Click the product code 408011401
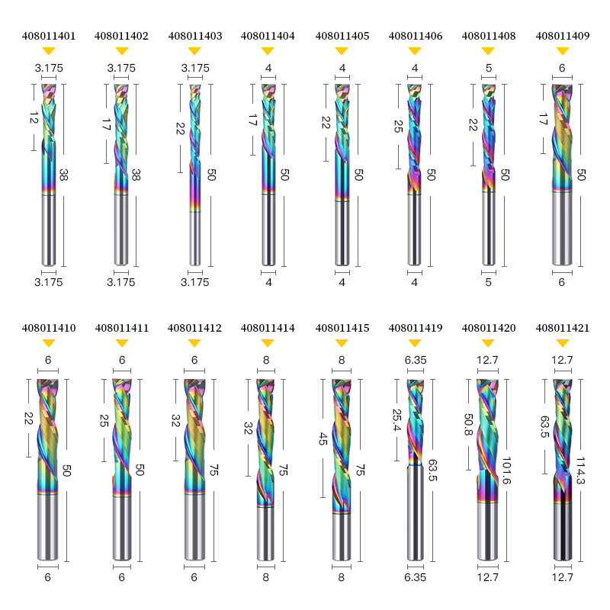[x=49, y=36]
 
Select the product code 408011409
[x=563, y=36]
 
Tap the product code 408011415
[x=342, y=329]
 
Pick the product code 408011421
[x=563, y=329]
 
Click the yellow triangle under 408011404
[x=268, y=51]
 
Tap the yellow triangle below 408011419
[x=415, y=343]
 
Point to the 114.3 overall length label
[x=580, y=470]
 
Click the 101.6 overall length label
[x=506, y=470]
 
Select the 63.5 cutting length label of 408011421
[x=544, y=427]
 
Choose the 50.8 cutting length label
[x=469, y=425]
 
